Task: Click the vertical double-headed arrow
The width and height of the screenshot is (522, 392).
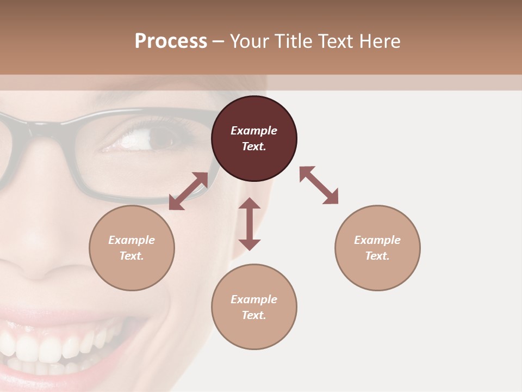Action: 250,224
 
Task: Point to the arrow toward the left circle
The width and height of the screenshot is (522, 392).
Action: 188,191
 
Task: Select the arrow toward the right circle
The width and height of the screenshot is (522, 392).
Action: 319,185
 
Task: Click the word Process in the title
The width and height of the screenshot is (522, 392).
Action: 171,41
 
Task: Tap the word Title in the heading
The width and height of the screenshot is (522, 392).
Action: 293,41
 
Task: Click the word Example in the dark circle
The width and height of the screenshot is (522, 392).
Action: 254,131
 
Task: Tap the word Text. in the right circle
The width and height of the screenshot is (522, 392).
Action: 377,256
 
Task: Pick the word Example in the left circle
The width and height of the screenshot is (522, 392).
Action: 132,240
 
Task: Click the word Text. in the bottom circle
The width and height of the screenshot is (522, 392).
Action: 254,315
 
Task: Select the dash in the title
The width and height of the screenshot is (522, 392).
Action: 218,41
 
